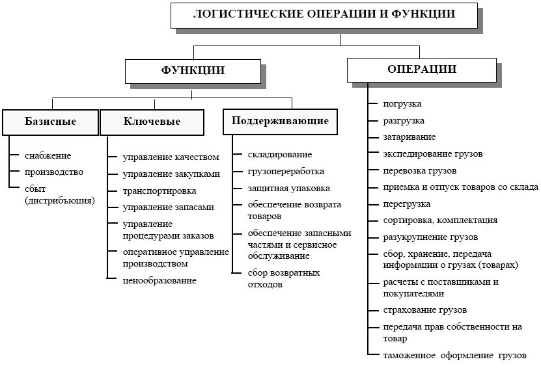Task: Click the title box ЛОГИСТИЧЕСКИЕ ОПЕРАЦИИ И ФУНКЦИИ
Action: (324, 14)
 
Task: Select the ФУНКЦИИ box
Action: (193, 70)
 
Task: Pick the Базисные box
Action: (50, 122)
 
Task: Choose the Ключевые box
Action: (152, 122)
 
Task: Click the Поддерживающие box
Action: (280, 121)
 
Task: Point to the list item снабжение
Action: (48, 155)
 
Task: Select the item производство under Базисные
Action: (54, 172)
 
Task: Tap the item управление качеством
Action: (171, 157)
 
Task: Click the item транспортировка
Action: (159, 191)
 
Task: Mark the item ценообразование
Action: (159, 280)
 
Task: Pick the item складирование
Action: (279, 154)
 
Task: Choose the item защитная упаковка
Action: (288, 188)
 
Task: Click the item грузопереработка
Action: (285, 171)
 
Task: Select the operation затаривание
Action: (409, 137)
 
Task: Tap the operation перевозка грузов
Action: (419, 170)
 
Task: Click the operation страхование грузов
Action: (425, 310)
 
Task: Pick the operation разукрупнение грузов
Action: (430, 237)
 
